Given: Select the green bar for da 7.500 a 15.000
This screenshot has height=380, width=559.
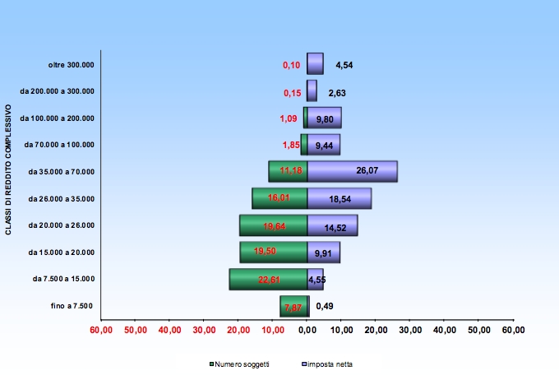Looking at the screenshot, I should click(268, 280).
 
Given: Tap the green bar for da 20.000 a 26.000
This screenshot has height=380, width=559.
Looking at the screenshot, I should click(273, 225).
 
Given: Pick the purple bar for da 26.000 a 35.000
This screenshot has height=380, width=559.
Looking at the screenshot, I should click(339, 198).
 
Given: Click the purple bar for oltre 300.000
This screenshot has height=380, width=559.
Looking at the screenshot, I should click(315, 64).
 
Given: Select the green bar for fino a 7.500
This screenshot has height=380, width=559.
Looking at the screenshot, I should click(293, 307).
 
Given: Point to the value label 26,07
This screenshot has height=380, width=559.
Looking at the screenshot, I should click(367, 171).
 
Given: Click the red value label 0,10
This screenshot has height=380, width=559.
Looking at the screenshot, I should click(291, 65).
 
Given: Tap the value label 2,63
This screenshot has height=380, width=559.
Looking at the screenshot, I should click(337, 93).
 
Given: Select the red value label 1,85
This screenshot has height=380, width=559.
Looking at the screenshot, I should click(290, 145).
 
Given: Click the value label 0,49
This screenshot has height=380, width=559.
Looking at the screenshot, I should click(324, 307).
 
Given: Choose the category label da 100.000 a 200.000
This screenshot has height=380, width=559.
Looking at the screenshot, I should click(58, 118).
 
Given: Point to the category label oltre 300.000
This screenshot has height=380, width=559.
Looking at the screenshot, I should click(71, 64).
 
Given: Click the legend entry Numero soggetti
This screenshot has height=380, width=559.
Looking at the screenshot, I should click(241, 364).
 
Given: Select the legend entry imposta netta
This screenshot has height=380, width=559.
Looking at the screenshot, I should click(329, 364).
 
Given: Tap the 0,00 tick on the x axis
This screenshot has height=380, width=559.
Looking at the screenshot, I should click(307, 330).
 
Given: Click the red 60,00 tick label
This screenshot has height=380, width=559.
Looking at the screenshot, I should click(101, 330).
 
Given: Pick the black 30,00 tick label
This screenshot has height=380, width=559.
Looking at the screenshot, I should click(409, 330).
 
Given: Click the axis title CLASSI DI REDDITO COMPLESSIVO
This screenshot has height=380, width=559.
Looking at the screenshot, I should click(8, 169).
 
